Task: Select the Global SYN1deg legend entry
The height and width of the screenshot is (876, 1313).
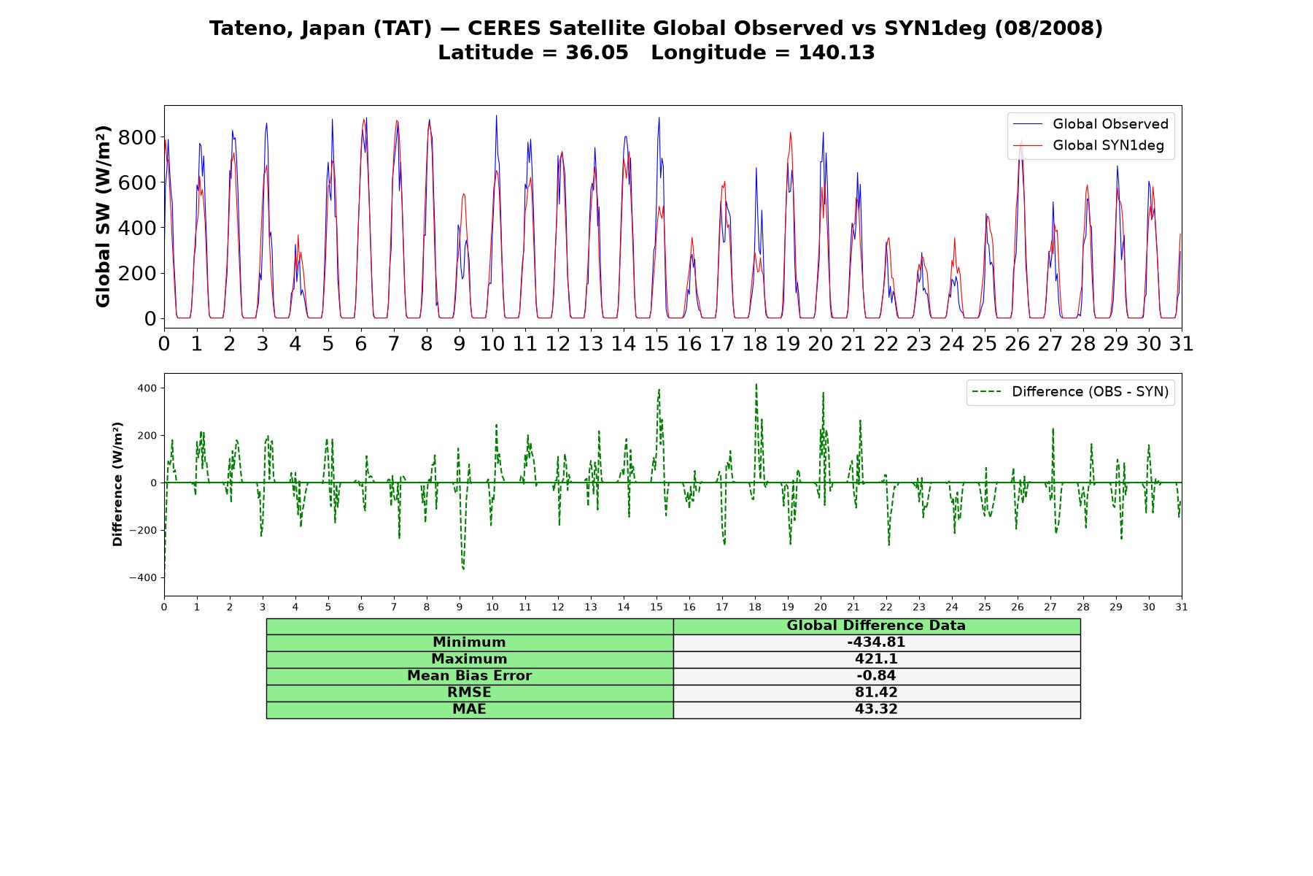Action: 1090,145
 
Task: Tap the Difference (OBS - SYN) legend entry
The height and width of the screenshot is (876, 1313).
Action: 1071,392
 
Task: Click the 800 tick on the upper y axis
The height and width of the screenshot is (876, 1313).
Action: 141,137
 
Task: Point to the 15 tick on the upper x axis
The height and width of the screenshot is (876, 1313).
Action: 656,343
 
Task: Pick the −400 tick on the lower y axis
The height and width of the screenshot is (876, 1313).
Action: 144,577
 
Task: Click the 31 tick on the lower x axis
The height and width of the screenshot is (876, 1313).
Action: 1182,607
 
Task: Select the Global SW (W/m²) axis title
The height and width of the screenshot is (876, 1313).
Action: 103,217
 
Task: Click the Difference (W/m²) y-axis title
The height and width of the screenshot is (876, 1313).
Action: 117,484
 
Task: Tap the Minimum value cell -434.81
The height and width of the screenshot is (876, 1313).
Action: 876,642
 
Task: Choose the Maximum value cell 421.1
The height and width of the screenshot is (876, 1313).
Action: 876,659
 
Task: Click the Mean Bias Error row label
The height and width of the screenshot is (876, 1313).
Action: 469,676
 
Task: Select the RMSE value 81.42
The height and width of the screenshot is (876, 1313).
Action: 876,693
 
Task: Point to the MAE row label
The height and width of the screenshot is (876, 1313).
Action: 469,710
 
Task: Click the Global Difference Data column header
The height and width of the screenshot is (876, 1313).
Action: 876,626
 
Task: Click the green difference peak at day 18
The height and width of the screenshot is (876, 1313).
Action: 756,384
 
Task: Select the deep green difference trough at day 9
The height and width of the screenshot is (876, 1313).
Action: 463,568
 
